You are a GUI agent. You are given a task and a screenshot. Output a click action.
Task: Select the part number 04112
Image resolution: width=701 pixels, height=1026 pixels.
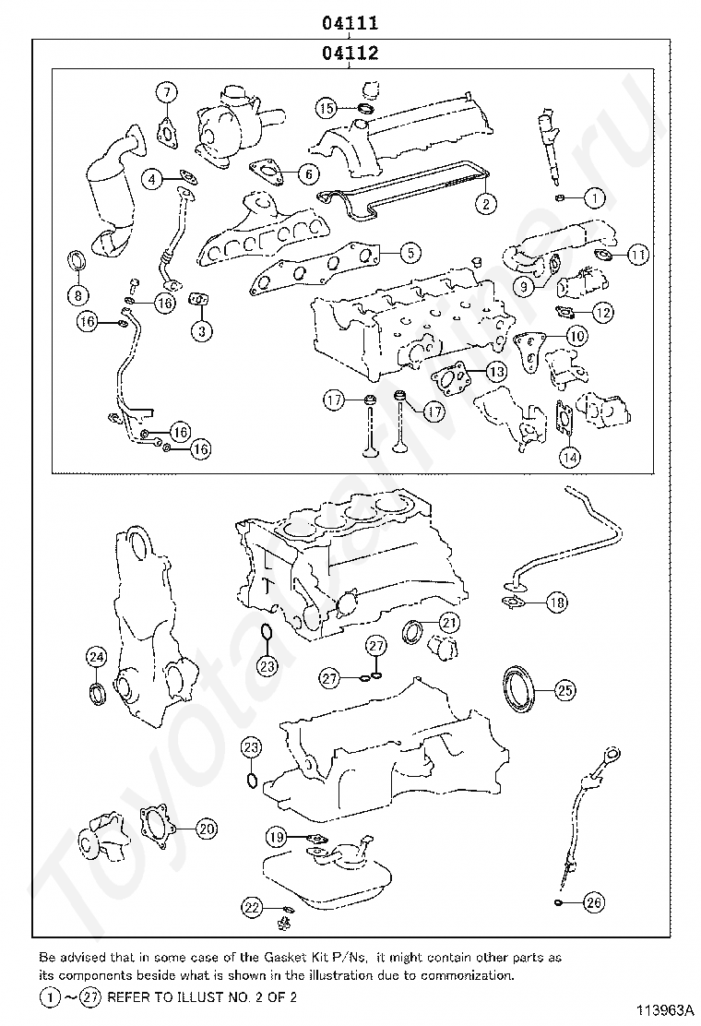[x=350, y=54]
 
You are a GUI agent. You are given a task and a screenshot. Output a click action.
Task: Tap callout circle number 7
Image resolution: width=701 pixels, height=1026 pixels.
[x=166, y=91]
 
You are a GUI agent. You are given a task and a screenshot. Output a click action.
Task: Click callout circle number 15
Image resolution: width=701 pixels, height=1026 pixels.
[x=327, y=108]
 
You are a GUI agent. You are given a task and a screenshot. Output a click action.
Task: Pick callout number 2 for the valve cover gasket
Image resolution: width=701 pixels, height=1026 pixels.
[x=484, y=202]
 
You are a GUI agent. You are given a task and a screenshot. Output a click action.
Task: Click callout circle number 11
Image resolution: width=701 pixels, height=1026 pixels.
[x=637, y=254]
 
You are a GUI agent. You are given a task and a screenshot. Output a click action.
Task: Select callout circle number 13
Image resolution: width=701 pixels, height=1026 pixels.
[x=496, y=372]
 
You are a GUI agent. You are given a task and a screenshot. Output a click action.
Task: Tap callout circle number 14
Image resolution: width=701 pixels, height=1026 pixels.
[x=570, y=455]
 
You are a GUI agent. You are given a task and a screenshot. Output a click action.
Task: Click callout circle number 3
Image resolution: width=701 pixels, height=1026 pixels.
[x=203, y=328]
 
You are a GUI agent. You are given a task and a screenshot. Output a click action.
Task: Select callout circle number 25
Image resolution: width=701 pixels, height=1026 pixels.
[x=564, y=689]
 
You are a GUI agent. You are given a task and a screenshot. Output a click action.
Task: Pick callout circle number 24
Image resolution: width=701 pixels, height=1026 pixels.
[x=97, y=656]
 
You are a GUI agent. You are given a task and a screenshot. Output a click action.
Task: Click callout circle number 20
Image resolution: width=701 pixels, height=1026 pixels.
[x=206, y=829]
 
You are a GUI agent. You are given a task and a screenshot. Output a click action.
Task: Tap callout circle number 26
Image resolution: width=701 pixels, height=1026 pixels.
[x=593, y=901]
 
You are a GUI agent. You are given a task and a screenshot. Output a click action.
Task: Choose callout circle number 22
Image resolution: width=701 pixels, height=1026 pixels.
[x=252, y=906]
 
